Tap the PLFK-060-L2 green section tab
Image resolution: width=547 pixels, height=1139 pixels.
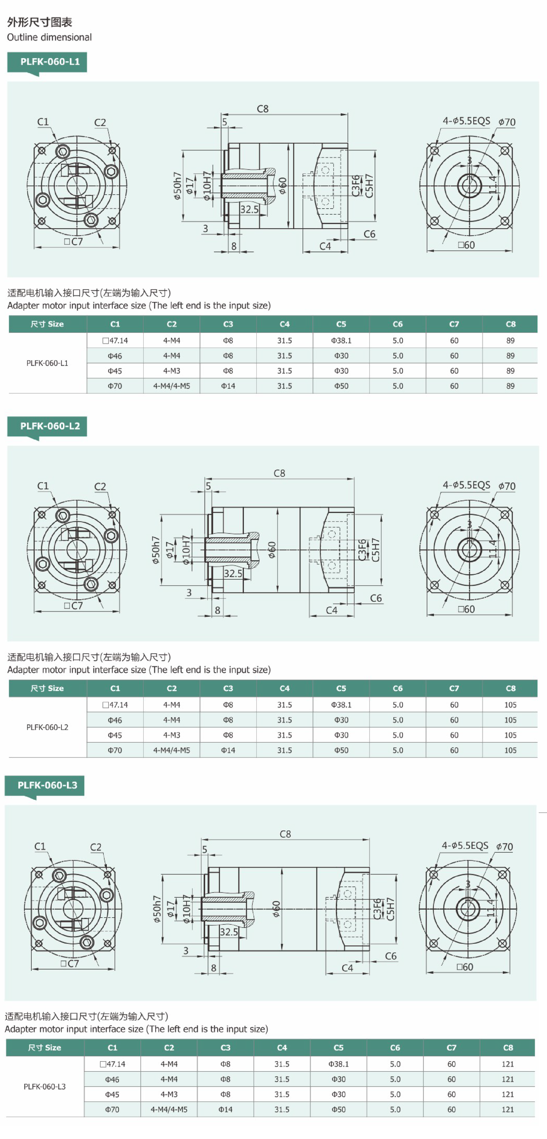(x=47, y=427)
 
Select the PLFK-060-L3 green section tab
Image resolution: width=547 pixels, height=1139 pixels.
(x=44, y=786)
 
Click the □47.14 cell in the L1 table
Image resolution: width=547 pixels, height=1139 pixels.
(x=115, y=341)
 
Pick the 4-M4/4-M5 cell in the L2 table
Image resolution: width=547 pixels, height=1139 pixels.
(x=172, y=750)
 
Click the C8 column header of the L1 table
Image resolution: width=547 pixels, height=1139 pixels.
(x=510, y=324)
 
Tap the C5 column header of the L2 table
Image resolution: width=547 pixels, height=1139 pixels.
(x=341, y=688)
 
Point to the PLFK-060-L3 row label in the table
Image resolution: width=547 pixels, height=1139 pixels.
(x=45, y=1086)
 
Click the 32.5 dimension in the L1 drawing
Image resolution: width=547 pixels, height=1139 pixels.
(x=249, y=209)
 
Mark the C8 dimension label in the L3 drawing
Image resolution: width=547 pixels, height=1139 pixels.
(x=285, y=834)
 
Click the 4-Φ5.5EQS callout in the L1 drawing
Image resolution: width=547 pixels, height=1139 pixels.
(x=467, y=121)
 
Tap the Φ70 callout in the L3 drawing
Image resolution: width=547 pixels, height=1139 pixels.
(x=505, y=847)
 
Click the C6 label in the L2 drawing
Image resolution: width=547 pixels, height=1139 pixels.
(x=376, y=598)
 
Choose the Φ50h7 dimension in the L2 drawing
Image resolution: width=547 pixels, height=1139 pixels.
(x=156, y=550)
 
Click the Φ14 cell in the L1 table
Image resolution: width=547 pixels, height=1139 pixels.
(x=228, y=386)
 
